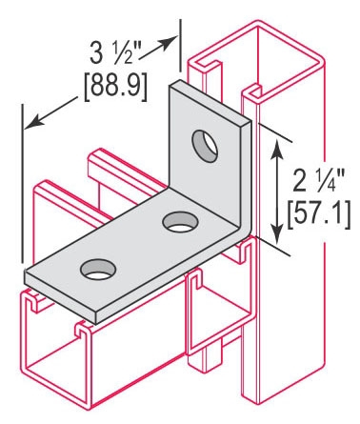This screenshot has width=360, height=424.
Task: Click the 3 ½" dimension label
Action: pos(115,53)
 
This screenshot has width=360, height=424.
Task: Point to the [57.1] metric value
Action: pos(319,214)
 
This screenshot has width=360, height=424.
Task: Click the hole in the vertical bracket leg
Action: pos(205,146)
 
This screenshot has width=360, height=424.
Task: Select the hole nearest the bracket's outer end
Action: pos(98,270)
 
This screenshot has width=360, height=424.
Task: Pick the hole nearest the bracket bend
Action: pos(180,222)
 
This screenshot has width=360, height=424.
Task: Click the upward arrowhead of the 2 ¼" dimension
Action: pos(277,148)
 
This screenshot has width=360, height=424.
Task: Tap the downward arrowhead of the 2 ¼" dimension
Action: pos(277,234)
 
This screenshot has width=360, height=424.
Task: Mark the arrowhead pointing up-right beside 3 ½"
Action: pos(168,42)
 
